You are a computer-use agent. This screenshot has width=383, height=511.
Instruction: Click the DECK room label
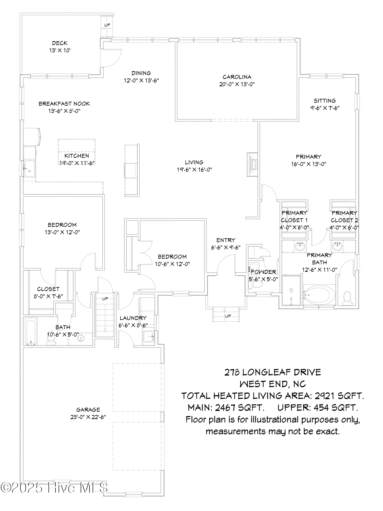tap(60, 43)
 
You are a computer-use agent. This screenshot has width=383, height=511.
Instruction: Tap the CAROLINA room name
tap(237, 77)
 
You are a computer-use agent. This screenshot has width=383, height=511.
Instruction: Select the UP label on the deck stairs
tap(107, 25)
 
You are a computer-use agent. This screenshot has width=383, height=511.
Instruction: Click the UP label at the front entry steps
tap(228, 316)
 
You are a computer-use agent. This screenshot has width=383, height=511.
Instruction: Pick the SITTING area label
tap(325, 101)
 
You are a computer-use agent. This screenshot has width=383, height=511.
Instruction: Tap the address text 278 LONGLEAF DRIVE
tap(272, 372)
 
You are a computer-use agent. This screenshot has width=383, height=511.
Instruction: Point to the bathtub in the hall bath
tap(31, 331)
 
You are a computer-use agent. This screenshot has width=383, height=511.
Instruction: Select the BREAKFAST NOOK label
tap(64, 104)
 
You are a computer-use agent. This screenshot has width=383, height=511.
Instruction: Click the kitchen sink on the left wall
tap(30, 169)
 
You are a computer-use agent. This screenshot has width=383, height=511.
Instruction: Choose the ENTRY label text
tap(225, 240)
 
